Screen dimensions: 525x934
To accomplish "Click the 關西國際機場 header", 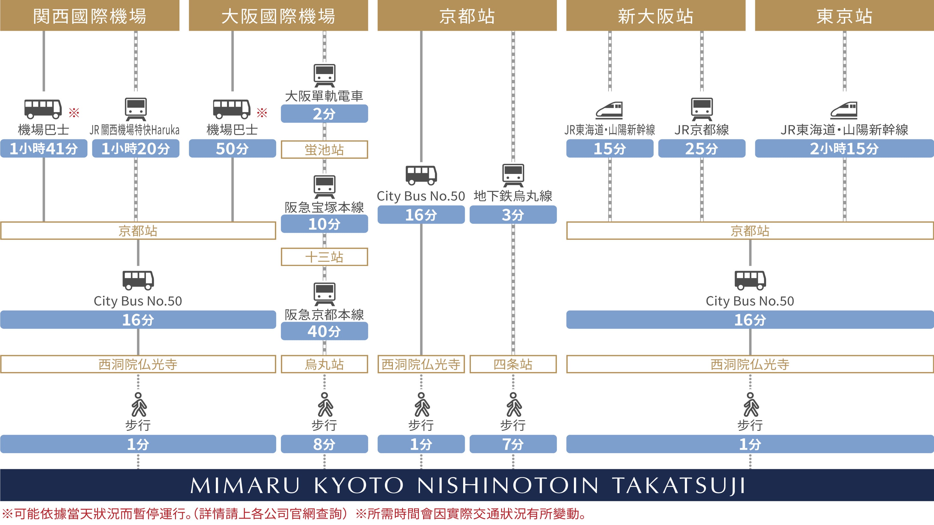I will tap(90, 16).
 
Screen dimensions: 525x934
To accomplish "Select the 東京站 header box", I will tap(844, 16).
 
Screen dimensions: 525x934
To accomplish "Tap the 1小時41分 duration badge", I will tap(43, 149).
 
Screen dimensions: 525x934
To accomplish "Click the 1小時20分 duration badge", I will tap(136, 149).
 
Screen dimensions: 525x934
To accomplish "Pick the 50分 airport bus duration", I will tap(232, 149).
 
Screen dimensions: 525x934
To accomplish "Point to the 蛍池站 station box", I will tap(324, 150).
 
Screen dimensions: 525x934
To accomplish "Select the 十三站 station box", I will tap(324, 257).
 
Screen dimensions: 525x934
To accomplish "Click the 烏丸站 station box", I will tap(324, 364).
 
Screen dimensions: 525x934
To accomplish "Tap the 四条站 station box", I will tap(513, 364).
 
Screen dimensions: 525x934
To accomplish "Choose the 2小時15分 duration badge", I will tap(844, 149).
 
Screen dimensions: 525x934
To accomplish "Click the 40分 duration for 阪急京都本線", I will tap(324, 331).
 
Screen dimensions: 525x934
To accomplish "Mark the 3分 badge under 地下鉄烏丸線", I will tap(513, 215).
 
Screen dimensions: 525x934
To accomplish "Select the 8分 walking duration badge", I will tap(324, 444).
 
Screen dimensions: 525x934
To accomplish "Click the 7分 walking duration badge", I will tap(513, 444).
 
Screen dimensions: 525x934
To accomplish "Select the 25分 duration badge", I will tap(702, 149).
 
